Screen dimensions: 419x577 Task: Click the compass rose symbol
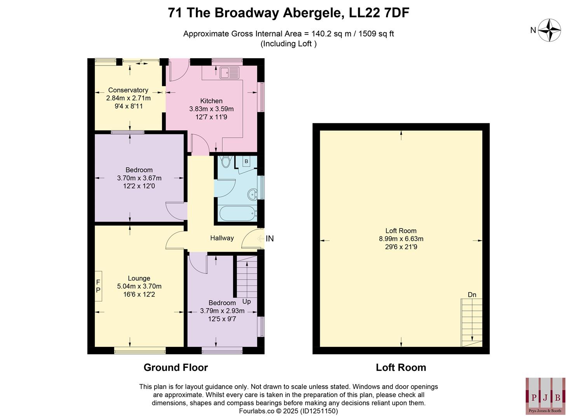click(x=549, y=30)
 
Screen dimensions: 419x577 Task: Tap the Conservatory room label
click(x=128, y=90)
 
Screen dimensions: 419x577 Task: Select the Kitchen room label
click(x=211, y=101)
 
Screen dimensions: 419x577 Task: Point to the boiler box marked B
click(x=246, y=161)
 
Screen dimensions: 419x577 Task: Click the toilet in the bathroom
click(x=225, y=161)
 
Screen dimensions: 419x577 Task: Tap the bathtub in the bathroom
click(x=237, y=213)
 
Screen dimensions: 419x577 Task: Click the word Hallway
click(x=222, y=238)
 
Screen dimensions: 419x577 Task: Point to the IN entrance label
click(x=270, y=239)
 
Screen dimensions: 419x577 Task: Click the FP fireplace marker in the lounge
click(x=98, y=286)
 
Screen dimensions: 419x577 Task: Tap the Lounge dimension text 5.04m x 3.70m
click(x=139, y=286)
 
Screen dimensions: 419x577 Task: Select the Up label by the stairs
click(x=246, y=301)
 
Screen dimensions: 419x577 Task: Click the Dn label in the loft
click(x=472, y=295)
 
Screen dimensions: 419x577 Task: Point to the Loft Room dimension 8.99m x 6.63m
click(x=401, y=239)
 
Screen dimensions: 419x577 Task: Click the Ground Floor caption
click(x=176, y=367)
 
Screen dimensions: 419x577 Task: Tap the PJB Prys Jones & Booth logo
click(x=545, y=396)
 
